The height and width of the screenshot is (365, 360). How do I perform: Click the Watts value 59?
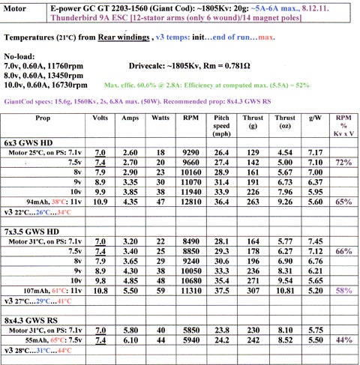point(159,288)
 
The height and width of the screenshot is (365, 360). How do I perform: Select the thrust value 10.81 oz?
point(285,288)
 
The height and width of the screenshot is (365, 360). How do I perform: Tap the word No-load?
point(20,56)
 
